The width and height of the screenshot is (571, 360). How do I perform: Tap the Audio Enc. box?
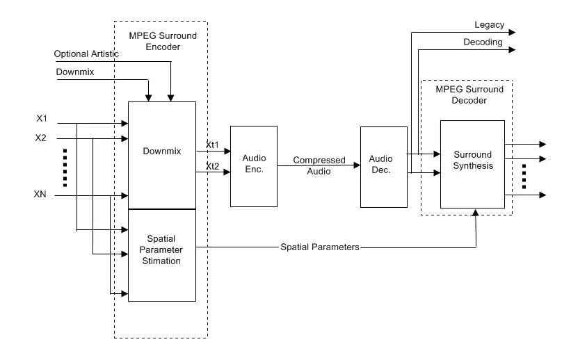pos(253,165)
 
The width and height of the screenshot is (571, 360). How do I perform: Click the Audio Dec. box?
pos(383,165)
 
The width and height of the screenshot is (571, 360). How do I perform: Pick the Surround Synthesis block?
pos(472,161)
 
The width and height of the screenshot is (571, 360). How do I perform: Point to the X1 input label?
pos(41,118)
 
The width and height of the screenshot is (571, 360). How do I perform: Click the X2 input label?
pos(41,138)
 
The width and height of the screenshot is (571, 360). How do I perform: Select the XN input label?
pos(41,195)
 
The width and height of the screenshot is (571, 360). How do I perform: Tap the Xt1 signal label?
pos(212,145)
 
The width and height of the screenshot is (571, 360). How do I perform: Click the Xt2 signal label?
pos(212,166)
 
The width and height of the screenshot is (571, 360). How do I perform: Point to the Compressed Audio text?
pos(319,165)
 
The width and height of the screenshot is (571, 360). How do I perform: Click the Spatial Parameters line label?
pos(319,247)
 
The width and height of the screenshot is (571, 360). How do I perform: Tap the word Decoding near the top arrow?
pos(483,42)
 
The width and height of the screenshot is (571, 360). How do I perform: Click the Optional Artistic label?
pos(87,54)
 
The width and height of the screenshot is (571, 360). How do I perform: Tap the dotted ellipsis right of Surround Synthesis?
pos(525,177)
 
